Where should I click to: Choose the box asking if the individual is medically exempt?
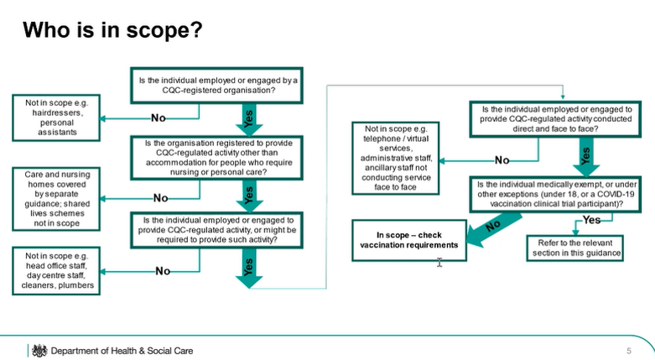click(549, 194)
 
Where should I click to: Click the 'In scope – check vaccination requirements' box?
click(405, 240)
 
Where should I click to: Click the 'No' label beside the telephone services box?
click(502, 159)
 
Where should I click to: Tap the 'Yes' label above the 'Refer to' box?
click(592, 220)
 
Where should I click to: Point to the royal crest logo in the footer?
click(39, 349)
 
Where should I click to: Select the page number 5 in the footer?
click(628, 350)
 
